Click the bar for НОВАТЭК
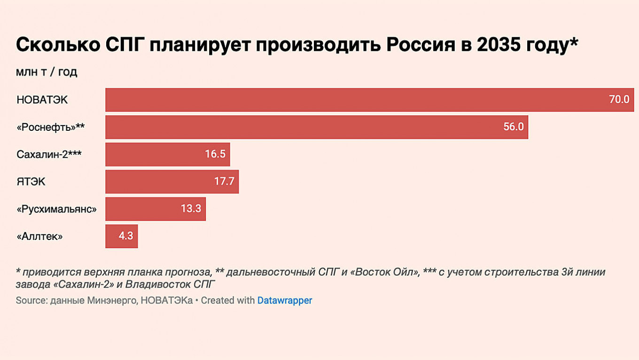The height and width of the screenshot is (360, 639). pyautogui.click(x=357, y=100)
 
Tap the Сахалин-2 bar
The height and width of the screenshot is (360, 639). pyautogui.click(x=155, y=154)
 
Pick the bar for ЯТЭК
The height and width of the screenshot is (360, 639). pyautogui.click(x=160, y=182)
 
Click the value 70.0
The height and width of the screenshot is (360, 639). pyautogui.click(x=619, y=100)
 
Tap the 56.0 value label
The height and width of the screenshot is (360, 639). pyautogui.click(x=513, y=127)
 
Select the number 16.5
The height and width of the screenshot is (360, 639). pyautogui.click(x=215, y=154)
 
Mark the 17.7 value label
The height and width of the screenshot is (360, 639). pyautogui.click(x=224, y=182)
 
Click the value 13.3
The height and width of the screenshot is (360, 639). pyautogui.click(x=191, y=209)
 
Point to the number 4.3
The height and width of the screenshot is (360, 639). pyautogui.click(x=126, y=236)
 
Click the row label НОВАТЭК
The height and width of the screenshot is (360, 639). pyautogui.click(x=42, y=100)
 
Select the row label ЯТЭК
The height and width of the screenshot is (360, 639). pyautogui.click(x=31, y=182)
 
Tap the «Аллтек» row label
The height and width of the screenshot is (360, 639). pyautogui.click(x=39, y=236)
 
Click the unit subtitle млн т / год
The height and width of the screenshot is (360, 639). pyautogui.click(x=47, y=72)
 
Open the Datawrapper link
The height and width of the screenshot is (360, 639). pyautogui.click(x=285, y=300)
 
